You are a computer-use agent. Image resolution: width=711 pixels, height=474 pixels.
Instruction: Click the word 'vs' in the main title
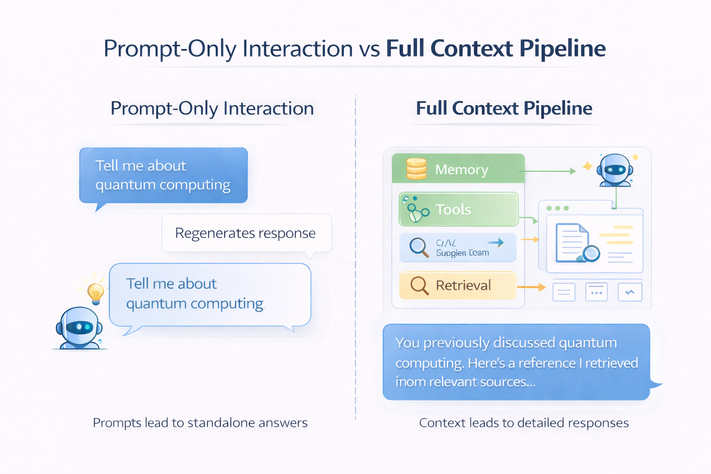click(x=369, y=49)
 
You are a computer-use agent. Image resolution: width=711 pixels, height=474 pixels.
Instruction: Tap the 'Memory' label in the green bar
click(x=462, y=170)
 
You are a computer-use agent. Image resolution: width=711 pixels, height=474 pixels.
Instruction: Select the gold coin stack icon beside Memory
click(x=416, y=168)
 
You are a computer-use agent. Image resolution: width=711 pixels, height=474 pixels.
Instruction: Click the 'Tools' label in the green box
click(x=453, y=210)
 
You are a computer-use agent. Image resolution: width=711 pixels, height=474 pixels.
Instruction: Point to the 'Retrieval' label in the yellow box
click(x=463, y=286)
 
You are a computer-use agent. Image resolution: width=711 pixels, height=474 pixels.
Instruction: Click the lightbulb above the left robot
click(x=96, y=292)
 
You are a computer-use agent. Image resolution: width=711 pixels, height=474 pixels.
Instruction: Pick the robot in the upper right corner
click(x=615, y=170)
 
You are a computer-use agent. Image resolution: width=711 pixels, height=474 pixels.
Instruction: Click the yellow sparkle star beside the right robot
click(x=587, y=166)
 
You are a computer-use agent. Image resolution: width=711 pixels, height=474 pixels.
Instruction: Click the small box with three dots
click(x=596, y=292)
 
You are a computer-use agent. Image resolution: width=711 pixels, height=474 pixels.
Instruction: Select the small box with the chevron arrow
click(x=630, y=292)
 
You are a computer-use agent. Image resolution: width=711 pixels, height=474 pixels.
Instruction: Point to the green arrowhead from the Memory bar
click(x=573, y=171)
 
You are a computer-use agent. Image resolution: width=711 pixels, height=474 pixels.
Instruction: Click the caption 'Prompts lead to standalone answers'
click(x=200, y=423)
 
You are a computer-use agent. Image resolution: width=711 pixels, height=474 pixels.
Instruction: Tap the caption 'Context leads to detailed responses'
click(x=524, y=423)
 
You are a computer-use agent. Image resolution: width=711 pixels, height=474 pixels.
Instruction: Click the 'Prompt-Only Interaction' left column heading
click(x=212, y=108)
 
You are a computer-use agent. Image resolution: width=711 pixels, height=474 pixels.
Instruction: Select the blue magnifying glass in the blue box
click(x=419, y=247)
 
